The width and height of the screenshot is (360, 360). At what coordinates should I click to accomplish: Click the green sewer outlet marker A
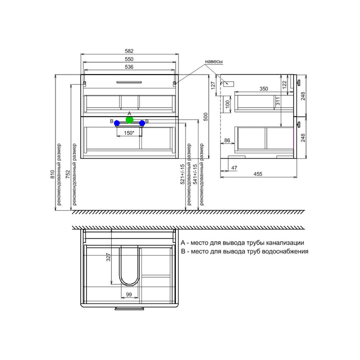[x=130, y=120]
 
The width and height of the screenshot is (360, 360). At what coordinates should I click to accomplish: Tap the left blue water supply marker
[x=117, y=123]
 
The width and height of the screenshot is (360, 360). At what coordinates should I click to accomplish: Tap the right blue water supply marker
[x=142, y=123]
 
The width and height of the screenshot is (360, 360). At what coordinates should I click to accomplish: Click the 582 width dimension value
[x=129, y=51]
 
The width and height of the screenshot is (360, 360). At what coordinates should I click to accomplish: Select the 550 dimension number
[x=129, y=59]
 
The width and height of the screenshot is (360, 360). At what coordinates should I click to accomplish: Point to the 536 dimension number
[x=129, y=67]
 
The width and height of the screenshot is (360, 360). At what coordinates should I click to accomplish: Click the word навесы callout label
[x=214, y=62]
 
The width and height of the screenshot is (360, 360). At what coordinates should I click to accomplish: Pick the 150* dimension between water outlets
[x=129, y=133]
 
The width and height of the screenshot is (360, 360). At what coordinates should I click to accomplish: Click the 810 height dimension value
[x=52, y=174]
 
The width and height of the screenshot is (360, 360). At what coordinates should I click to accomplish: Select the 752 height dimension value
[x=68, y=174]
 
